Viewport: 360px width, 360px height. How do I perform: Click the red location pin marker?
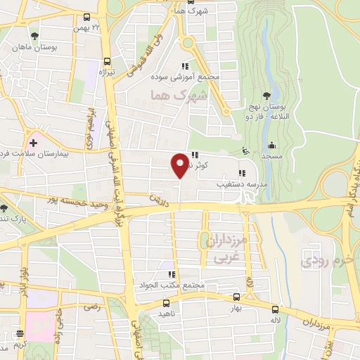[181, 165]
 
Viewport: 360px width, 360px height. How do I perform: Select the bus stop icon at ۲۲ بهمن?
[86, 17]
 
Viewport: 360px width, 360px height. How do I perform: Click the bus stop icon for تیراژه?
[106, 61]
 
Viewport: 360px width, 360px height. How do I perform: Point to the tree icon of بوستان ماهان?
[34, 34]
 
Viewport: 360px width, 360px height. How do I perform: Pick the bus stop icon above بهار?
[236, 298]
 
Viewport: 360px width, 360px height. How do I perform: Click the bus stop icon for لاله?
[275, 309]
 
